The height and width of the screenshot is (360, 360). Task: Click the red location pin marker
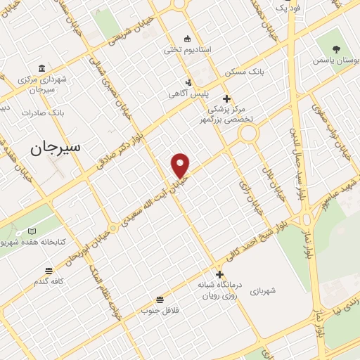click(x=181, y=165)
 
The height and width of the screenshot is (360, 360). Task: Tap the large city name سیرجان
click(x=56, y=147)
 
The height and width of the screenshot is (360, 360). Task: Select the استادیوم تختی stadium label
click(x=188, y=49)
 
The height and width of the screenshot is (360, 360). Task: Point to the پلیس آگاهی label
click(x=186, y=94)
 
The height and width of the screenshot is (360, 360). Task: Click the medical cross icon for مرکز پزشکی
click(x=226, y=98)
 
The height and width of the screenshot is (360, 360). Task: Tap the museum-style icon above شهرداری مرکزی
click(x=42, y=68)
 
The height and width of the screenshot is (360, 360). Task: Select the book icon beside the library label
click(x=32, y=231)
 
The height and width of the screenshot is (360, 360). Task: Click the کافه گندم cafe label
click(x=49, y=281)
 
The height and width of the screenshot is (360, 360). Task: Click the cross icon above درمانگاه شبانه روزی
click(x=219, y=274)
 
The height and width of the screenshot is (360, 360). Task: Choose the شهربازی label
click(x=262, y=290)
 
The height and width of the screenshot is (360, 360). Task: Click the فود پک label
click(x=287, y=8)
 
